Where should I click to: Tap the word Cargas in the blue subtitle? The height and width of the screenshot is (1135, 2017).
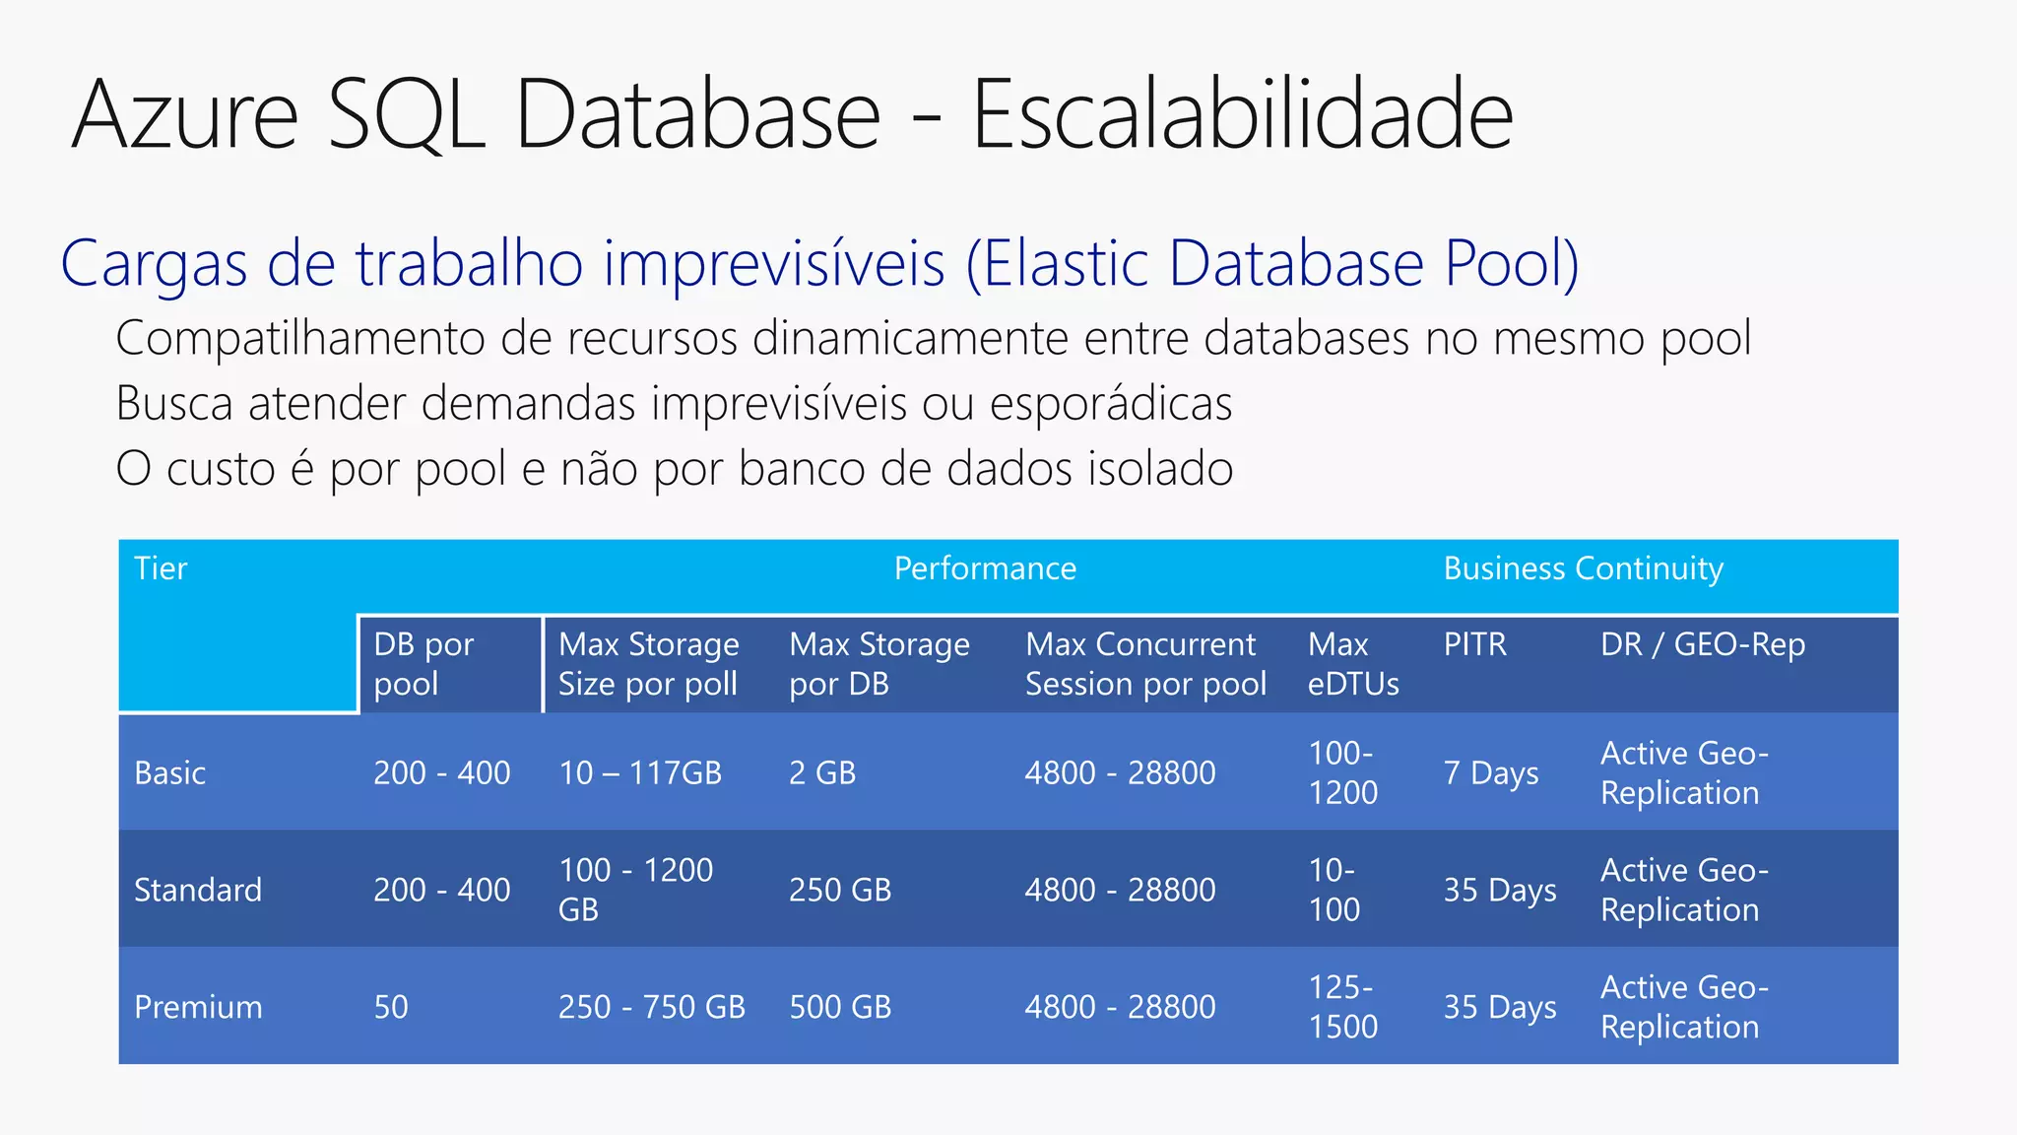[154, 264]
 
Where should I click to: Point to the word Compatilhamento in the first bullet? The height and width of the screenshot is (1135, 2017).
[300, 339]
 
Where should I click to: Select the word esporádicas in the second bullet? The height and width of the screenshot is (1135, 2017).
[1110, 404]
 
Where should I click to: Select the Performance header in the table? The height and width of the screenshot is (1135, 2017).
[985, 568]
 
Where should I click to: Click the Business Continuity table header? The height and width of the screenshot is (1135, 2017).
[1583, 568]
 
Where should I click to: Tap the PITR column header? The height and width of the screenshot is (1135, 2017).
[1474, 644]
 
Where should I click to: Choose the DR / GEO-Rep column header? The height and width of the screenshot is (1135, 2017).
[1703, 644]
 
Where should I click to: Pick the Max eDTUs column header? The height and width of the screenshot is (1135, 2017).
[1352, 664]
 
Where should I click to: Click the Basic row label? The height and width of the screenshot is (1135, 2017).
[169, 773]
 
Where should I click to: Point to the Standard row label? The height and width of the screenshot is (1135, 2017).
[198, 891]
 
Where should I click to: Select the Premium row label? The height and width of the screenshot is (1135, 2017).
[198, 1008]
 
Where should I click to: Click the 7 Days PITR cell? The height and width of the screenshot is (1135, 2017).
[1490, 773]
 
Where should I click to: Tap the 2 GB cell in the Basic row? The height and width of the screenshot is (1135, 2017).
[822, 773]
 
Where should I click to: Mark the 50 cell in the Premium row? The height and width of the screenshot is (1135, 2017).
[390, 1008]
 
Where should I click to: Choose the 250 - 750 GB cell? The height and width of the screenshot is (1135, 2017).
[651, 1008]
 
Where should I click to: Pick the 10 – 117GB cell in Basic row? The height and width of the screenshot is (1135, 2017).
[640, 773]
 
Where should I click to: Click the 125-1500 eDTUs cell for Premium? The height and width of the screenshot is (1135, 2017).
[1342, 1007]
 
